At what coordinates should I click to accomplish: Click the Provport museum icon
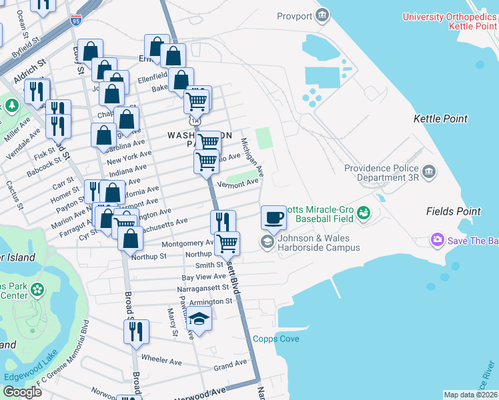pyautogui.click(x=322, y=14)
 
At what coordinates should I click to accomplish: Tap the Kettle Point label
pyautogui.click(x=440, y=119)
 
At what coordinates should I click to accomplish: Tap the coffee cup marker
pyautogui.click(x=274, y=217)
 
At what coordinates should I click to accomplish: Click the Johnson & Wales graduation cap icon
pyautogui.click(x=268, y=241)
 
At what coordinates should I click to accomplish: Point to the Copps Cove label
pyautogui.click(x=276, y=339)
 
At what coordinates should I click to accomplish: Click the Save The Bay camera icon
pyautogui.click(x=438, y=239)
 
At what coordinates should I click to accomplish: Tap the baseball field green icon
pyautogui.click(x=363, y=213)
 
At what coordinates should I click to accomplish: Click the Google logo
pyautogui.click(x=22, y=391)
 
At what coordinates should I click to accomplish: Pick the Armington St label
pyautogui.click(x=210, y=301)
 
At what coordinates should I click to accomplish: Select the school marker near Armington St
pyautogui.click(x=199, y=319)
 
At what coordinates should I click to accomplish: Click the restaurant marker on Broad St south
pyautogui.click(x=137, y=332)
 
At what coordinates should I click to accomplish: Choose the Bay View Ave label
pyautogui.click(x=204, y=277)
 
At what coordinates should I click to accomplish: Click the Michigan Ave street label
pyautogui.click(x=252, y=157)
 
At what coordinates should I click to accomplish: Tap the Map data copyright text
pyautogui.click(x=470, y=395)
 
